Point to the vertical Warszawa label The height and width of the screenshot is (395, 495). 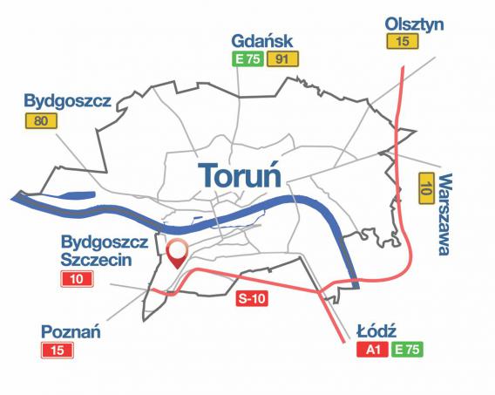(x=444, y=214)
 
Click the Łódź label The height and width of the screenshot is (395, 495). (x=377, y=332)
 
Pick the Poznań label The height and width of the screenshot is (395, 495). (x=71, y=331)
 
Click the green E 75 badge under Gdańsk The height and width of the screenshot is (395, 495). (x=247, y=59)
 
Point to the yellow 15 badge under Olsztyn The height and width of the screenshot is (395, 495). (x=401, y=41)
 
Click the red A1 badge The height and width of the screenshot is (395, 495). (x=372, y=351)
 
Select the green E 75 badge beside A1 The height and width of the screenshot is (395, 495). (x=406, y=351)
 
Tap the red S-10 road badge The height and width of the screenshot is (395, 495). (x=254, y=299)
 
